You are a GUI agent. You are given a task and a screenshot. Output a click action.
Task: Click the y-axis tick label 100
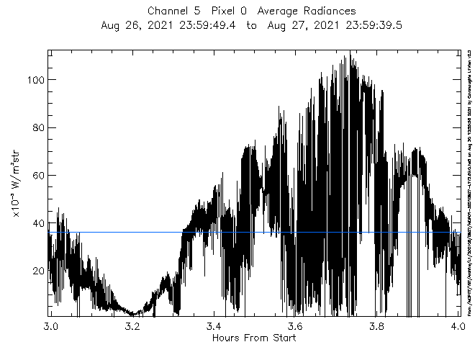pos(37,80)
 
